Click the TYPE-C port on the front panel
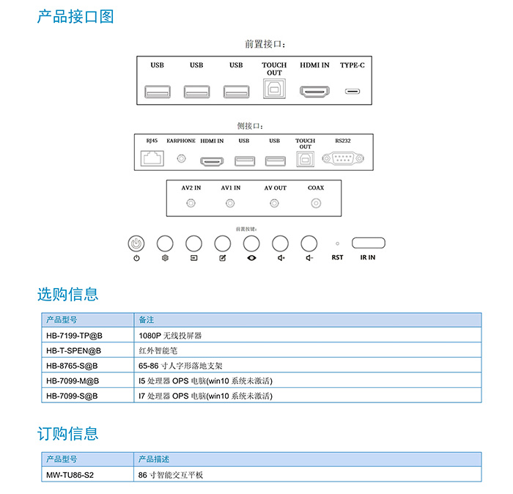click(353, 92)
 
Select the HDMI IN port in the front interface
click(314, 92)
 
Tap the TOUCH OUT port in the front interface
click(274, 90)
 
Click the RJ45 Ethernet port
click(152, 158)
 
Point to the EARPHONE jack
click(181, 158)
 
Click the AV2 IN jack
click(191, 204)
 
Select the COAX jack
click(316, 204)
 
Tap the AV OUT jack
click(275, 204)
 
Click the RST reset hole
click(337, 243)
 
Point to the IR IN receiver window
click(368, 243)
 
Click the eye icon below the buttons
click(251, 259)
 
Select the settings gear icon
click(165, 259)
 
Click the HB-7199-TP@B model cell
click(88, 335)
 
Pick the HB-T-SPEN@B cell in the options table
click(88, 350)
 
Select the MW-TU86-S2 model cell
click(88, 474)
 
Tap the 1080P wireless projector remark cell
click(308, 335)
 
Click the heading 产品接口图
click(75, 16)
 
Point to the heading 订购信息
click(67, 433)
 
